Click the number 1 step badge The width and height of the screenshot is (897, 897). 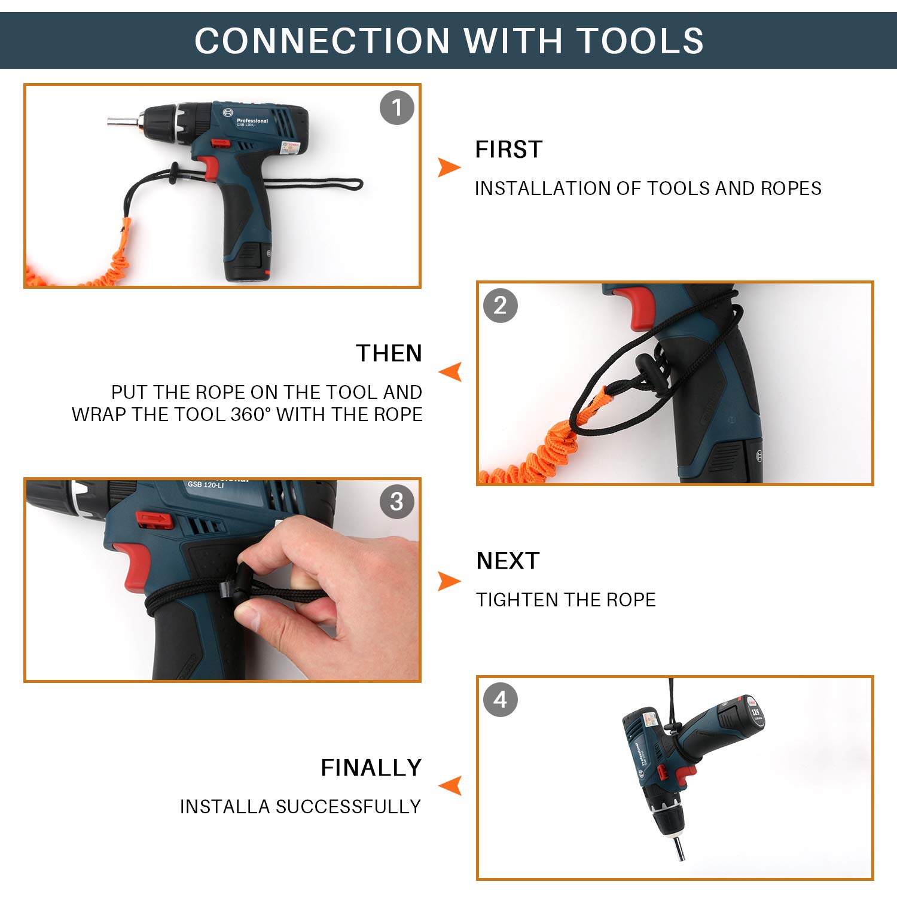click(x=397, y=108)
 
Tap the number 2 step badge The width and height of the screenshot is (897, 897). click(x=501, y=306)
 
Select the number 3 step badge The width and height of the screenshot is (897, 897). click(x=397, y=502)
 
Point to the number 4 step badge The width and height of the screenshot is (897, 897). click(x=501, y=700)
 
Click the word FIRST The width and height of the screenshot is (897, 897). click(x=509, y=149)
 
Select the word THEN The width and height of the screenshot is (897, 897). click(x=389, y=353)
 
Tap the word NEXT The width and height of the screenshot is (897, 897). click(x=508, y=561)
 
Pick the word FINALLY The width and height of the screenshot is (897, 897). click(x=371, y=768)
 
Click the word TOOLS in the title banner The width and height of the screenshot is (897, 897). click(x=640, y=41)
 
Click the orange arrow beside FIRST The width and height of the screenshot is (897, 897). click(x=449, y=167)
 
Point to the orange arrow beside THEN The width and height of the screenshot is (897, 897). click(x=450, y=372)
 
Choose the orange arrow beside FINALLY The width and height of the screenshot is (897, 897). click(x=450, y=786)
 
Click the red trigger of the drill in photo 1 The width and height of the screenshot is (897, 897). click(x=209, y=167)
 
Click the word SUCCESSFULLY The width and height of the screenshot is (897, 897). click(x=349, y=807)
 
